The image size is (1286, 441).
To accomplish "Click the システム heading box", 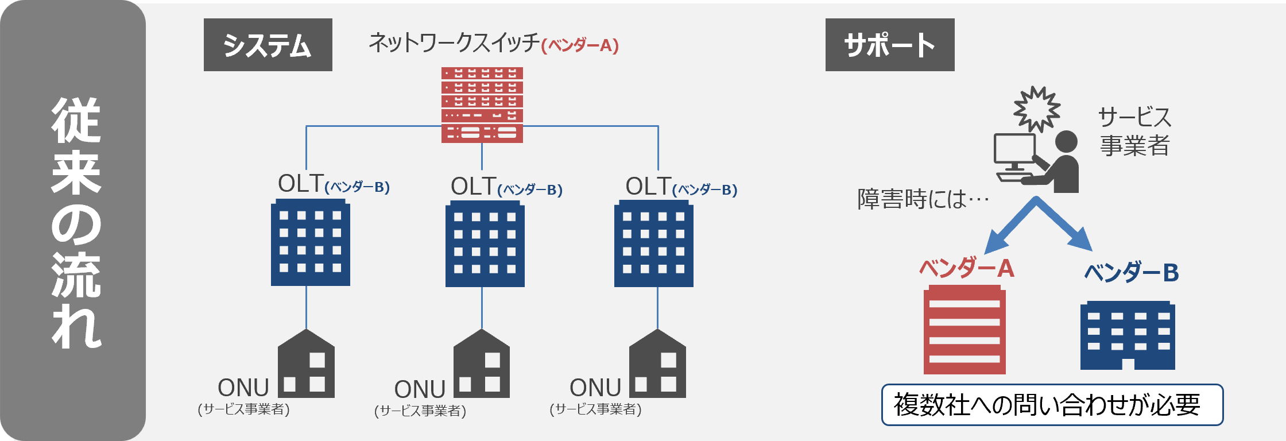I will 268,45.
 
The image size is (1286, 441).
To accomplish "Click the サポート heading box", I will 889,45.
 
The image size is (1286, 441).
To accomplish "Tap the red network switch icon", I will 482,105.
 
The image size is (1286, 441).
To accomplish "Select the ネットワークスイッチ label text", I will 454,43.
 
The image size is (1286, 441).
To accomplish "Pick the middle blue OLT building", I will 485,244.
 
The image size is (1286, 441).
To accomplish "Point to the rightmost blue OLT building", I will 653,244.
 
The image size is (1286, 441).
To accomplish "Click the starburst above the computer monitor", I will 1036,109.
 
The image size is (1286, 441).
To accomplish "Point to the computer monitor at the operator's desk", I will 1014,150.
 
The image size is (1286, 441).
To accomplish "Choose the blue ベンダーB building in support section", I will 1128,335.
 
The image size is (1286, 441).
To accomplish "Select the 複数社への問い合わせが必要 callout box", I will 1052,405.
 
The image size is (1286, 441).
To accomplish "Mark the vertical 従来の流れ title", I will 76,222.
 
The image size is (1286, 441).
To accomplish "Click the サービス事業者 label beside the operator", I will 1134,131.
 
